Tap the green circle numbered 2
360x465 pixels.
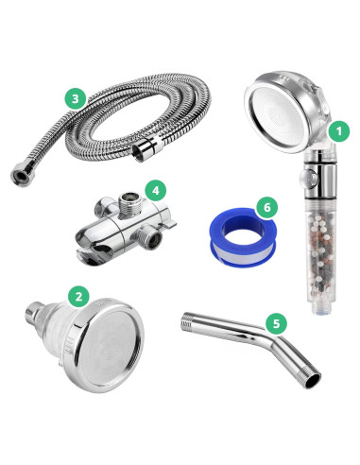coord(80,295)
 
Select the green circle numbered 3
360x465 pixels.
coord(76,98)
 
